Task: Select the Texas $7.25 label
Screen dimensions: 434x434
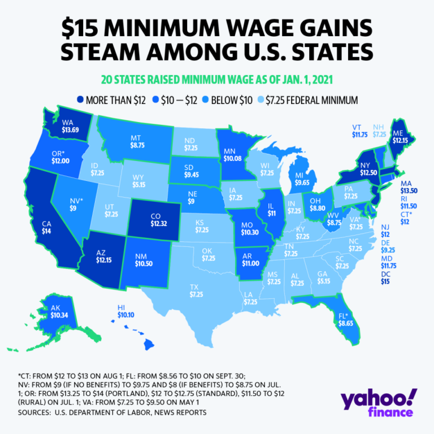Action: [x=196, y=291]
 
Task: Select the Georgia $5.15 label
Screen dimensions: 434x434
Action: [x=323, y=277]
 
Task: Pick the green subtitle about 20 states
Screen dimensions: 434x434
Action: [x=217, y=78]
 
